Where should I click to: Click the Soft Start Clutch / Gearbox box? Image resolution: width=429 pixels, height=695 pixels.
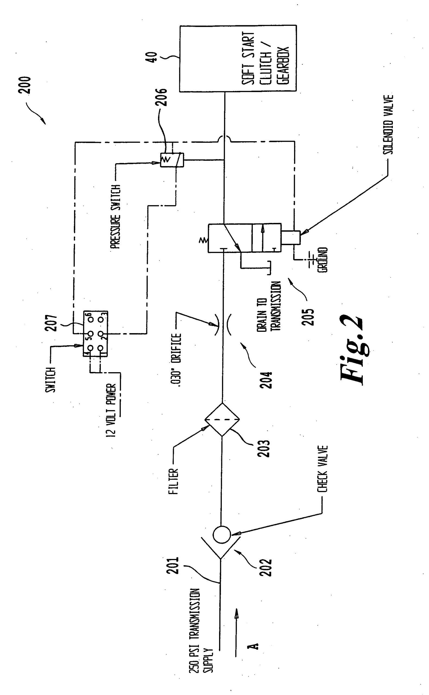tap(238, 58)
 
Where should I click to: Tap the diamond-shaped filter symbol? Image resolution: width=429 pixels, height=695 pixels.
tap(222, 419)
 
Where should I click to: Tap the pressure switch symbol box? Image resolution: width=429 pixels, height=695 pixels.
tap(172, 160)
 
